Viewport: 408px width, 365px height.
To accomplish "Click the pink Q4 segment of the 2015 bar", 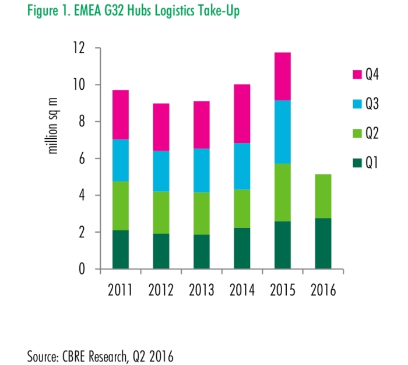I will point(279,76).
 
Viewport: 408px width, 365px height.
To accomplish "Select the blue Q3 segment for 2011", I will point(125,160).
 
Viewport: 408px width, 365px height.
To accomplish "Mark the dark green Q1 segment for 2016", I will point(319,244).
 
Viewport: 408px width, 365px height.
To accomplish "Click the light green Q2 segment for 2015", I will point(279,192).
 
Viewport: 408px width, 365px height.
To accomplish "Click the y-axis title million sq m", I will point(54,130).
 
